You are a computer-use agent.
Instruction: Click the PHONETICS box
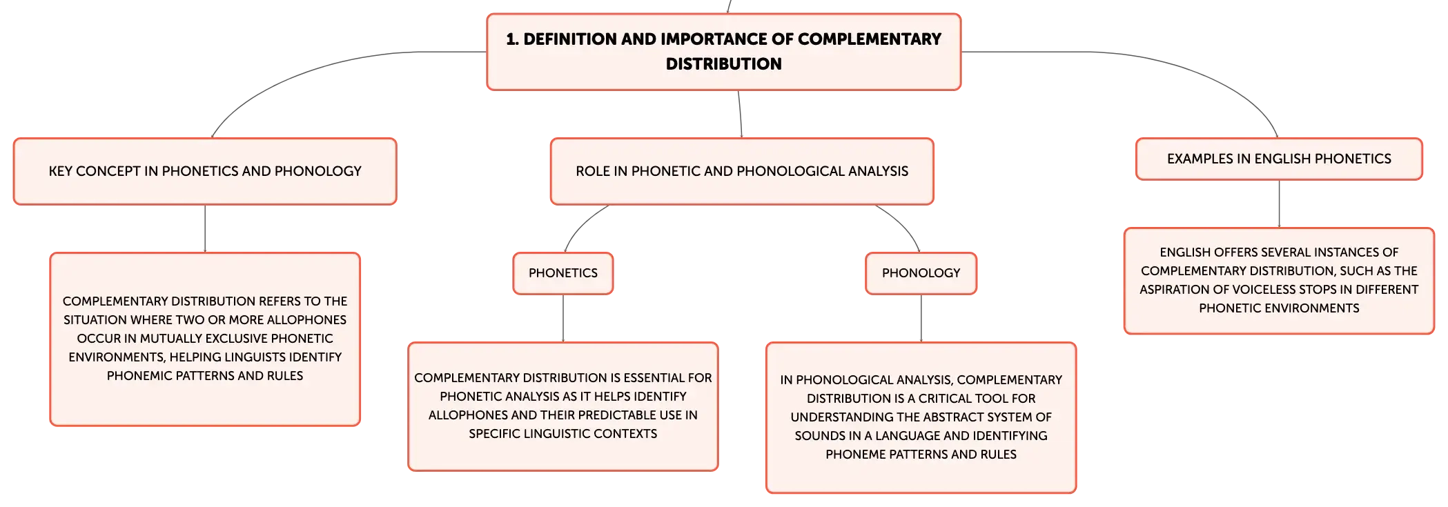coord(563,273)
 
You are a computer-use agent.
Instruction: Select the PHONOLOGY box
coord(921,273)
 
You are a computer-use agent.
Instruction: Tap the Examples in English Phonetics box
coord(1279,159)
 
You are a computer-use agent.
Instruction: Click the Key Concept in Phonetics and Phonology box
coord(205,171)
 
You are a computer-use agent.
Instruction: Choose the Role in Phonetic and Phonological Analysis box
coord(742,171)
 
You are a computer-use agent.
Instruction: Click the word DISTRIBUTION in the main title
coord(723,64)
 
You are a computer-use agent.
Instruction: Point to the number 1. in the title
coord(512,39)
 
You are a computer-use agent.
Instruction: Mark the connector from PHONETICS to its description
coord(563,318)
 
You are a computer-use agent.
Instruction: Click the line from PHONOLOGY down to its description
coord(921,318)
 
